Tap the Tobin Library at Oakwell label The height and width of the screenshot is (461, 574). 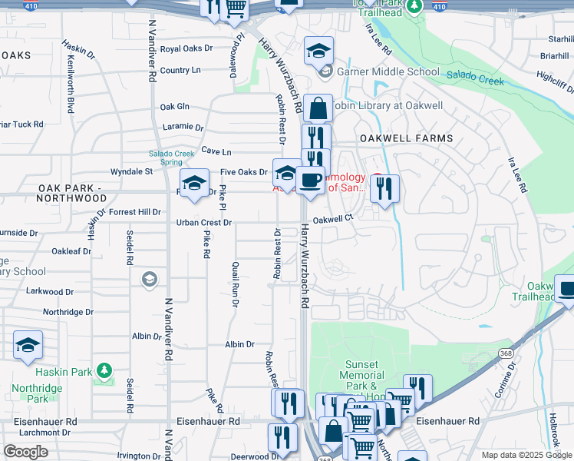pyautogui.click(x=377, y=107)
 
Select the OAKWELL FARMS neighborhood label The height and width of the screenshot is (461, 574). pyautogui.click(x=406, y=138)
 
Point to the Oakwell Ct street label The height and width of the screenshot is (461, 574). pyautogui.click(x=337, y=218)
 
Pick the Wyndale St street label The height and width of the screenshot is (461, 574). pyautogui.click(x=132, y=172)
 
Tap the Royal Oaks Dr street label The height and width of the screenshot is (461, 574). pyautogui.click(x=186, y=48)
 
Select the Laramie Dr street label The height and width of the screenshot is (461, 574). pyautogui.click(x=183, y=128)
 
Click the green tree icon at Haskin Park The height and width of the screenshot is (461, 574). pyautogui.click(x=104, y=373)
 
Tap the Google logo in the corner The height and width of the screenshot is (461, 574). pyautogui.click(x=25, y=451)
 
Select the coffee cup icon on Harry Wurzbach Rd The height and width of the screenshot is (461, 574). pyautogui.click(x=310, y=181)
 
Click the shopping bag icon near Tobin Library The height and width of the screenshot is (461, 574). pyautogui.click(x=318, y=108)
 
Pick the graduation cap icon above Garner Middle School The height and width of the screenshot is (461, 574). pyautogui.click(x=318, y=51)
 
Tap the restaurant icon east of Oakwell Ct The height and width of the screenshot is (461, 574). pyautogui.click(x=384, y=187)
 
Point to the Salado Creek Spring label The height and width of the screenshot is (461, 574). pyautogui.click(x=172, y=158)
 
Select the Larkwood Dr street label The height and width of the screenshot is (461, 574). pyautogui.click(x=49, y=292)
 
